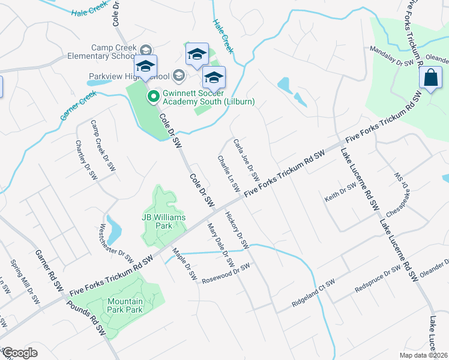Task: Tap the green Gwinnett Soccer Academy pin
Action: tap(152, 96)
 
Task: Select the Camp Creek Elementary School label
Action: tap(113, 52)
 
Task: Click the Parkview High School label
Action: tap(129, 76)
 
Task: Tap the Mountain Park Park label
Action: tap(125, 305)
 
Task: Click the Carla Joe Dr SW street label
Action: tap(246, 160)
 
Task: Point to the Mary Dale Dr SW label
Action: tap(220, 246)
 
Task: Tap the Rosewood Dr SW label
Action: tap(224, 274)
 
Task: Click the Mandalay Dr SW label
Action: tap(392, 56)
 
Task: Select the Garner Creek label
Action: tap(78, 106)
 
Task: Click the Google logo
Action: tap(20, 353)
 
